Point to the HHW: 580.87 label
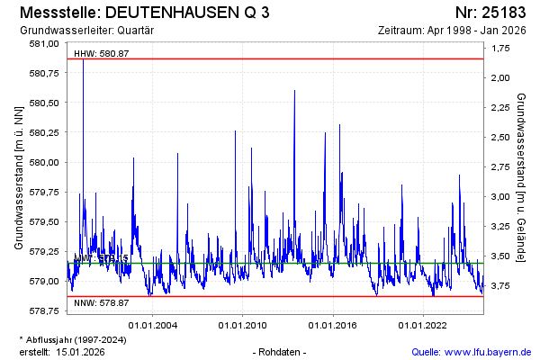pos(101,53)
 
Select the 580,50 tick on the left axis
pos(44,103)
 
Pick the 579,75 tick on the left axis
pos(44,192)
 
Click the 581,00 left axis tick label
pos(44,43)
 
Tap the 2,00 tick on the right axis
pos(499,77)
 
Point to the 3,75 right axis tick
pos(499,286)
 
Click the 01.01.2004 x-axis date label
pos(153,324)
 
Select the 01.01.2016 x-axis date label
pos(334,324)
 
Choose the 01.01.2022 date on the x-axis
pos(424,324)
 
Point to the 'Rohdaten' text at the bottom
pos(282,351)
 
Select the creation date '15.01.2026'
pos(80,351)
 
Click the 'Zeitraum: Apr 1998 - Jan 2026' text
pos(456,31)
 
